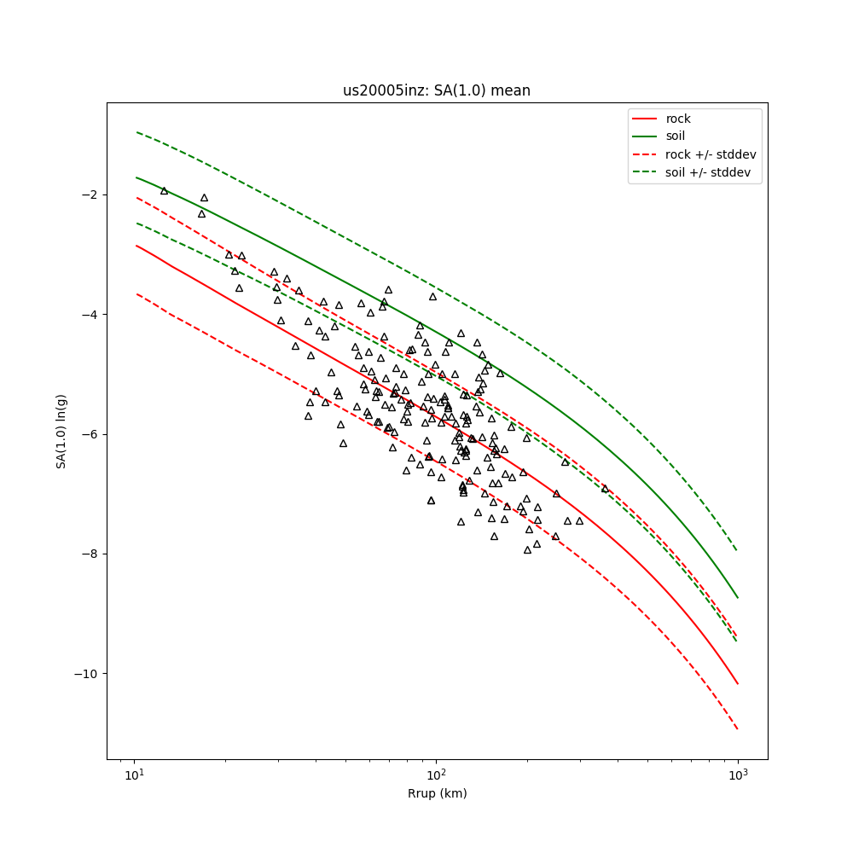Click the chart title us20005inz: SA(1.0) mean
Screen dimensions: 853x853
click(437, 90)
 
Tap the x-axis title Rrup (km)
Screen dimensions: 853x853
click(437, 793)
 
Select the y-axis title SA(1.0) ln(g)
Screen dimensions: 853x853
click(61, 431)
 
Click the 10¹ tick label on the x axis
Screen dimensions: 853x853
click(134, 775)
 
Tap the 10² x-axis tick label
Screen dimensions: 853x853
click(436, 775)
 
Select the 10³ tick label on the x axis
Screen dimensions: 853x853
click(738, 775)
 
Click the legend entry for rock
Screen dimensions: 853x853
click(677, 119)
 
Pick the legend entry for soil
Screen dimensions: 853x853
click(675, 136)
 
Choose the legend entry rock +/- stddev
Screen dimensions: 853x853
click(711, 154)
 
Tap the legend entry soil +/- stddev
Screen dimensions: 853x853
click(710, 172)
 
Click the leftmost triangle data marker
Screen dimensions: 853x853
click(164, 190)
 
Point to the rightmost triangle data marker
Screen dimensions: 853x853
click(605, 488)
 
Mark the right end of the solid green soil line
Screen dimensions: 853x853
click(738, 597)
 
